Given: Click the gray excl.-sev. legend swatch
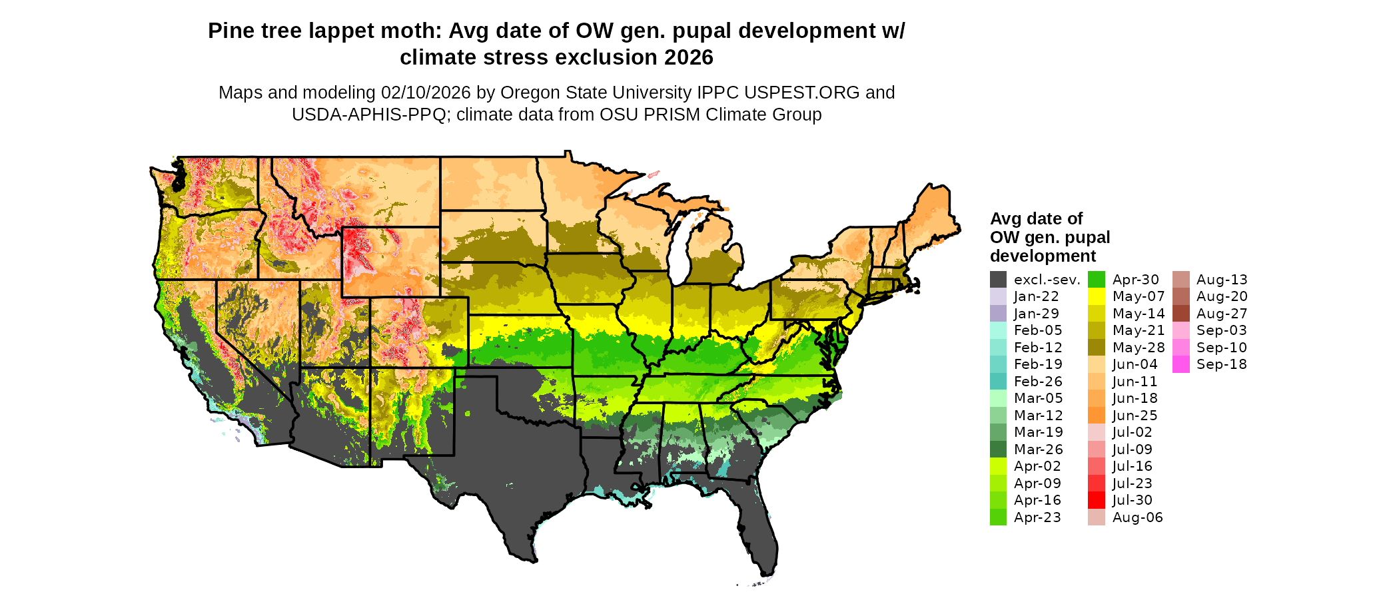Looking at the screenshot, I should pos(998,280).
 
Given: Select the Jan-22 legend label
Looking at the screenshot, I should pos(1036,296).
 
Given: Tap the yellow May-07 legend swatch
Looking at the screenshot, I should pos(1097,296).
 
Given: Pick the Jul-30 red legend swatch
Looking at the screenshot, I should pos(1097,500).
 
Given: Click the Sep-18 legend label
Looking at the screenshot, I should pos(1221,364).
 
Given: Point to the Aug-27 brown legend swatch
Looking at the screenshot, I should pos(1180,314).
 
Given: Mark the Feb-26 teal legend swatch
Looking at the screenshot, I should pos(998,382).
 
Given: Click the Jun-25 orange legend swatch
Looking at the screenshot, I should pos(1097,416).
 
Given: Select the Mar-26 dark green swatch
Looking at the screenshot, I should pos(998,449).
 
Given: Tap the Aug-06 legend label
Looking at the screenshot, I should pos(1137,517).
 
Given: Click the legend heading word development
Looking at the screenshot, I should pos(1043,256).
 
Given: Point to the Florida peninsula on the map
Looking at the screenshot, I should pos(756,526).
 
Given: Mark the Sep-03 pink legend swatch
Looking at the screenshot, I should pos(1180,330).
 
